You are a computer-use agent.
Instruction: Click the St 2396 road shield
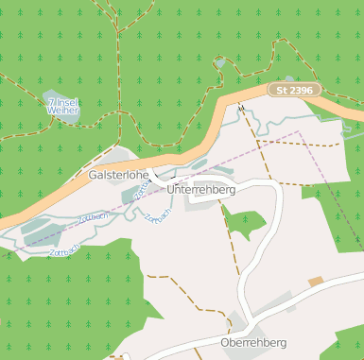click(x=295, y=90)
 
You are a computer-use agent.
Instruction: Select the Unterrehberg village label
click(x=200, y=190)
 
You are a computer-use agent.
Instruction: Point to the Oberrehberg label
click(x=251, y=342)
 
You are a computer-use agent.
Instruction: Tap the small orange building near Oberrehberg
click(x=315, y=282)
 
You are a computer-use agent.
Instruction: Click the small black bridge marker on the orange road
click(x=242, y=109)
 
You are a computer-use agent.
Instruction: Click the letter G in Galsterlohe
click(x=94, y=176)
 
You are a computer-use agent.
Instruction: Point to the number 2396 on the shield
click(x=303, y=90)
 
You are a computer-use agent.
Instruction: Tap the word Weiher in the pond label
click(x=62, y=110)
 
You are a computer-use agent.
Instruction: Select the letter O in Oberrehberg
click(x=223, y=342)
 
